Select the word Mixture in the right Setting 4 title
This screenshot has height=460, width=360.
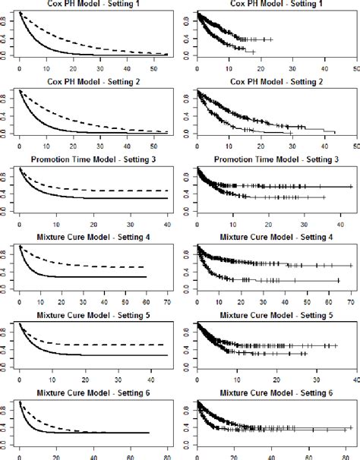[x=236, y=237]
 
